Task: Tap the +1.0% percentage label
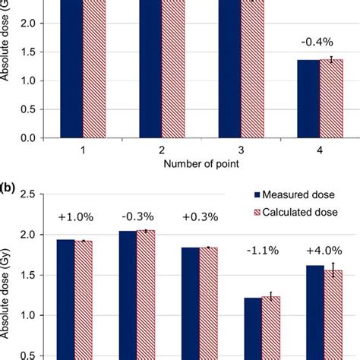click(75, 219)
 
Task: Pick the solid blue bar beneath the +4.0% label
click(314, 311)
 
